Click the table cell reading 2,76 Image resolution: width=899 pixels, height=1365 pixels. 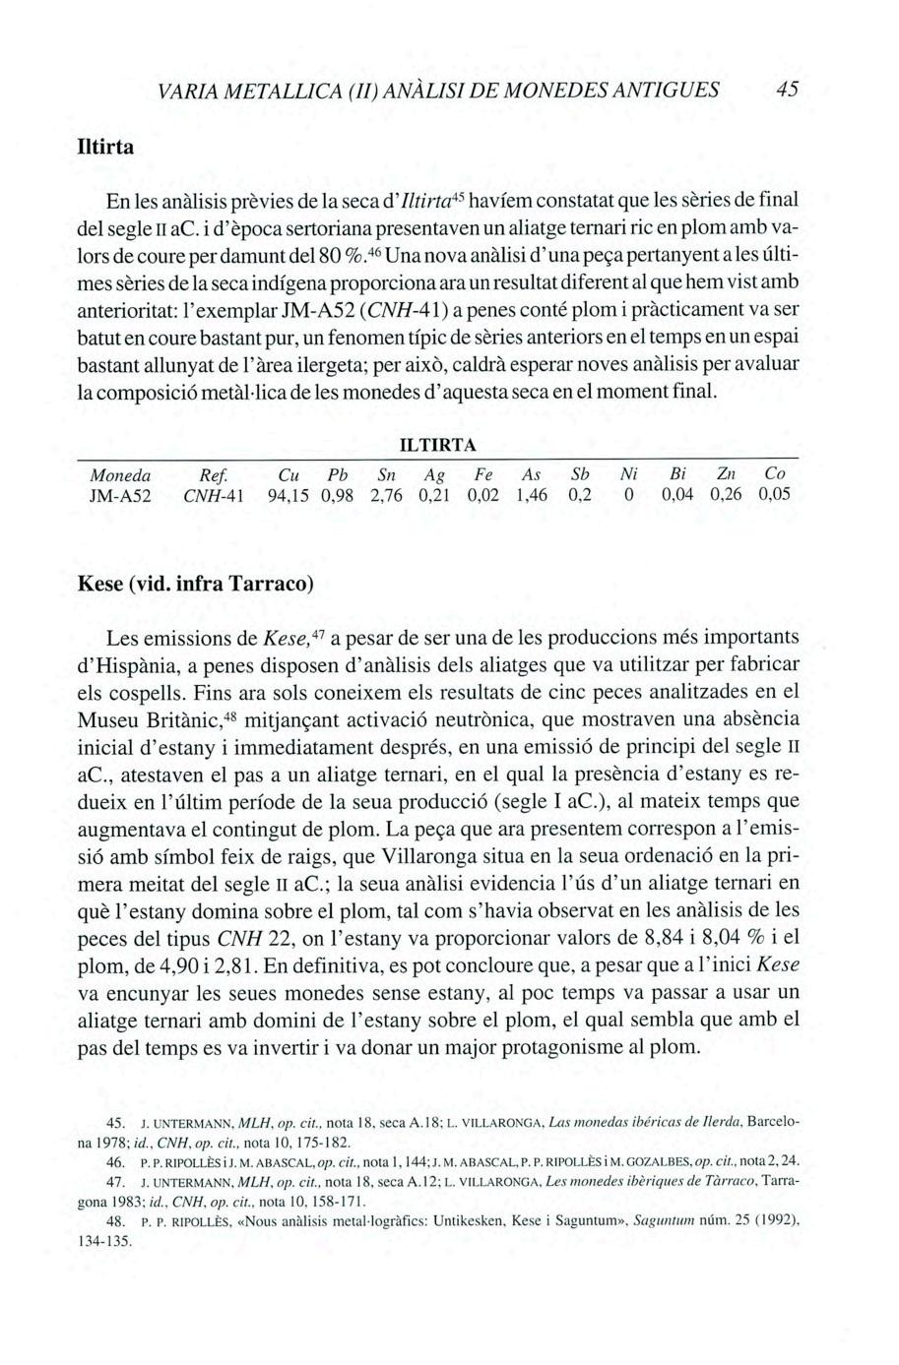tap(387, 497)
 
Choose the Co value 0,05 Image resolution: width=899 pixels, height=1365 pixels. tap(774, 497)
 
